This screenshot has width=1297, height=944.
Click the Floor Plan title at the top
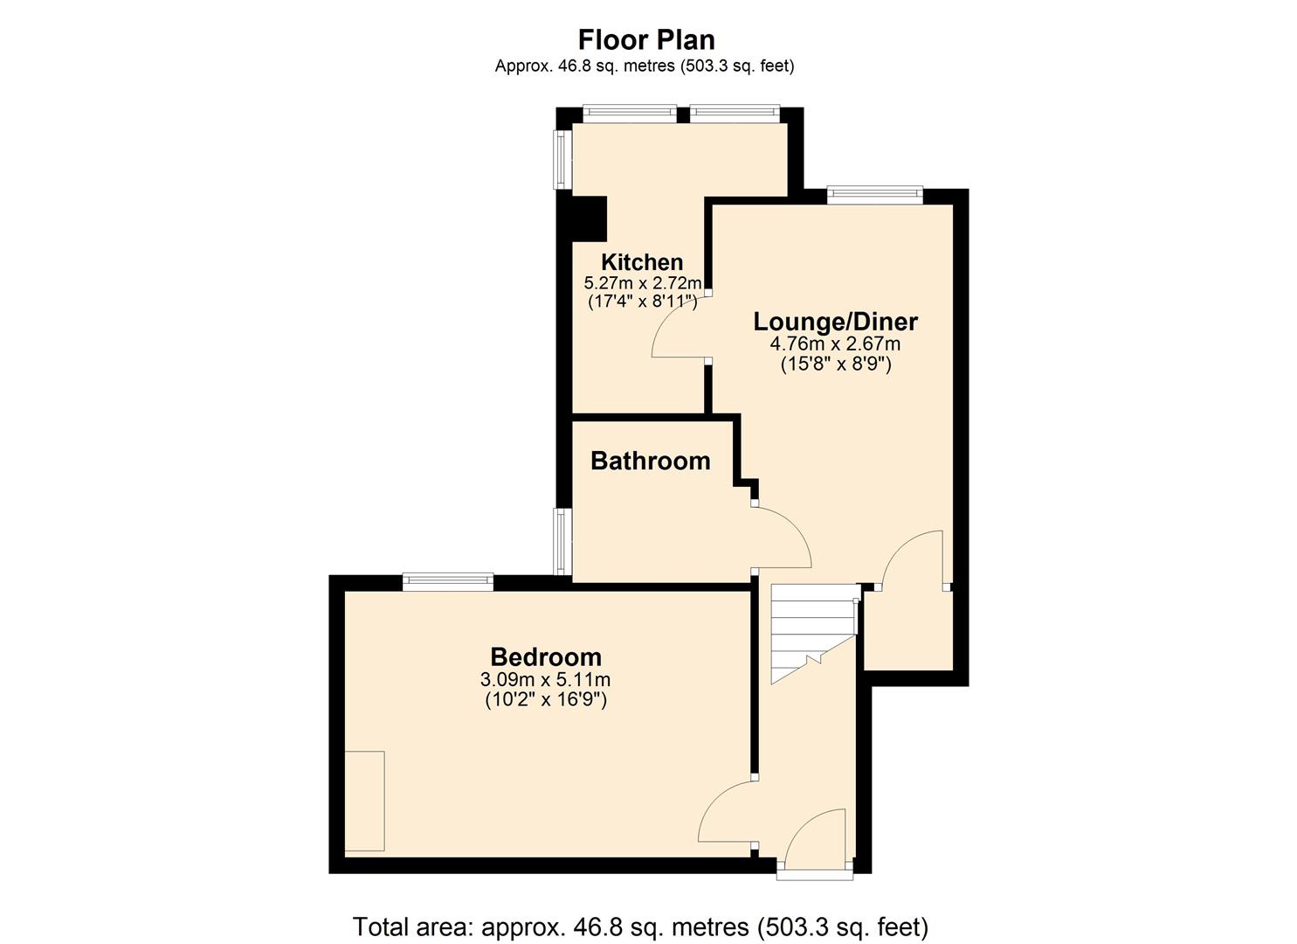point(646,40)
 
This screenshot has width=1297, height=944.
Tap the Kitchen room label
point(642,262)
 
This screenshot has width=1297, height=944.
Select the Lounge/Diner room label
point(836,322)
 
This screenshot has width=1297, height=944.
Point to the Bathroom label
point(651,462)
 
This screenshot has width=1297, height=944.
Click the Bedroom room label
point(546,657)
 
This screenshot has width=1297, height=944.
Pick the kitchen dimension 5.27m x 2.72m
point(642,283)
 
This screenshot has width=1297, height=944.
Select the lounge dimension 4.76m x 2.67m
point(836,344)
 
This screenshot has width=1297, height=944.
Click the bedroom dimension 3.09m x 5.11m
point(546,679)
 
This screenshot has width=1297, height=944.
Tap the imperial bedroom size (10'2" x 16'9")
point(546,699)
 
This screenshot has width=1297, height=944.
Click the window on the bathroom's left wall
point(564,542)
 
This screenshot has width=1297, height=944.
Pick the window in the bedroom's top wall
point(448,581)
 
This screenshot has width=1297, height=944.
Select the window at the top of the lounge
point(874,195)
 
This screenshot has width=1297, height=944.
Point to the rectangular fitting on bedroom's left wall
point(364,801)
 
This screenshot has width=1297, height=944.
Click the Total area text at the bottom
point(640,926)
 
